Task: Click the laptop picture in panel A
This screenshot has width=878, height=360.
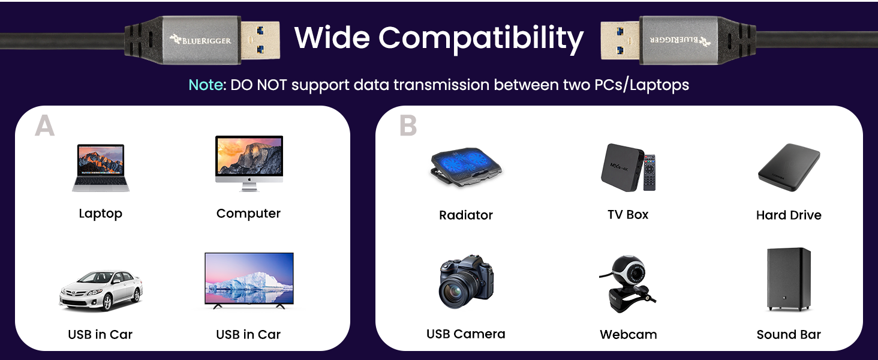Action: click(x=101, y=167)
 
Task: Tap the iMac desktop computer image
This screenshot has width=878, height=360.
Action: click(x=249, y=163)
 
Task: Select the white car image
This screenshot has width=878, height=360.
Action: click(x=101, y=290)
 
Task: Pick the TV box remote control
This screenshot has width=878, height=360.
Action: click(x=650, y=173)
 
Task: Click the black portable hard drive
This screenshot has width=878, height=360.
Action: click(x=789, y=167)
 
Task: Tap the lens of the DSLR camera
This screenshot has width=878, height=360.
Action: click(x=455, y=290)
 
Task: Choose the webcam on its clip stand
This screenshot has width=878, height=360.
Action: click(x=628, y=284)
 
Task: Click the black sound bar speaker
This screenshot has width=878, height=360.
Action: click(x=789, y=279)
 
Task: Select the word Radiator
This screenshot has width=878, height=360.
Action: click(x=465, y=215)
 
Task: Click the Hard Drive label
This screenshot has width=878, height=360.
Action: click(x=789, y=215)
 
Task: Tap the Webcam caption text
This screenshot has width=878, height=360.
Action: click(x=628, y=335)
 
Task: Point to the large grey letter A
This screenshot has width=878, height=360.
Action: click(x=45, y=126)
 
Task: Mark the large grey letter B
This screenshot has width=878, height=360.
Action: click(x=408, y=126)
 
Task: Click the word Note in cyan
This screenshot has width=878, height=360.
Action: click(x=206, y=85)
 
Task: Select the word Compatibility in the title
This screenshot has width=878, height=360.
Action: click(x=481, y=38)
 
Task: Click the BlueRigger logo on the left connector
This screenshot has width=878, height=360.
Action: click(x=200, y=40)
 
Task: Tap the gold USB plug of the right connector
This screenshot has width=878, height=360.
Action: click(x=620, y=41)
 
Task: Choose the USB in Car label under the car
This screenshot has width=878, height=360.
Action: click(x=100, y=335)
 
